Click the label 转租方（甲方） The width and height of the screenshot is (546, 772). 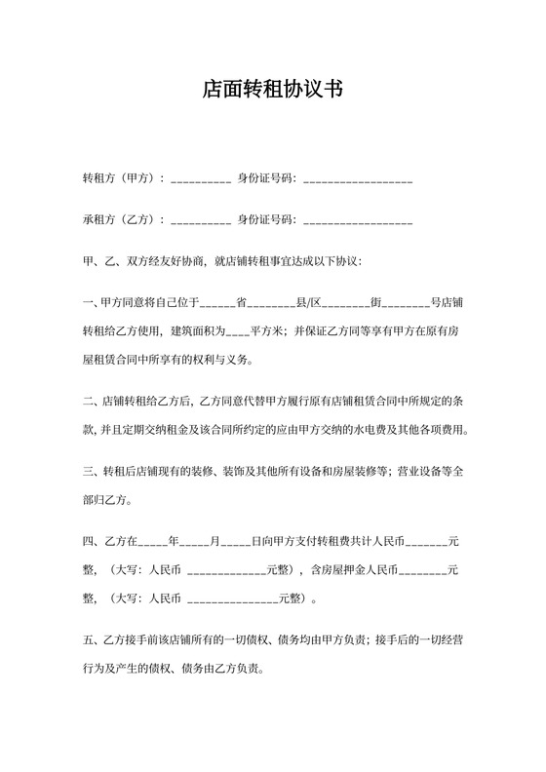pyautogui.click(x=121, y=179)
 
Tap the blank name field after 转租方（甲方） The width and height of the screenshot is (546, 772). pyautogui.click(x=201, y=181)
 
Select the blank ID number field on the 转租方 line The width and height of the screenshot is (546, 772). pyautogui.click(x=358, y=181)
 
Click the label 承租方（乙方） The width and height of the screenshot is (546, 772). pyautogui.click(x=121, y=220)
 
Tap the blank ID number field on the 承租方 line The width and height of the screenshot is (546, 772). pyautogui.click(x=358, y=222)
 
